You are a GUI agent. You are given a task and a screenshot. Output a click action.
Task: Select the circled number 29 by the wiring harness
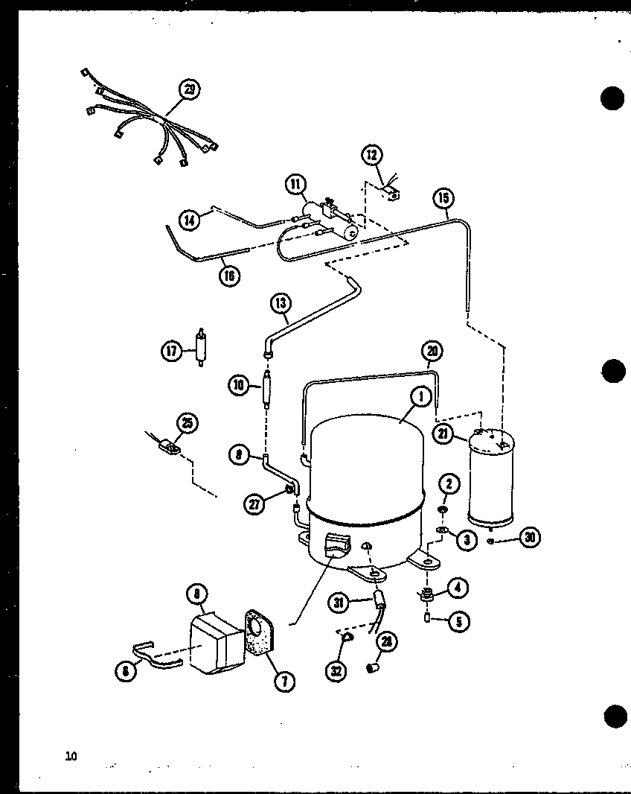click(x=189, y=90)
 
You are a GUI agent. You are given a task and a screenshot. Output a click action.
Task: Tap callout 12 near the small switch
click(x=372, y=155)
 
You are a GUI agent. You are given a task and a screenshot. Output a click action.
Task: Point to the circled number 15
click(x=443, y=199)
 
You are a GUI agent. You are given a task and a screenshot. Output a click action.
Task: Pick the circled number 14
click(x=190, y=220)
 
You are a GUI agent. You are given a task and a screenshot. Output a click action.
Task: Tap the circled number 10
click(x=239, y=385)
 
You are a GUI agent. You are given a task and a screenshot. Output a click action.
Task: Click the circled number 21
click(x=444, y=435)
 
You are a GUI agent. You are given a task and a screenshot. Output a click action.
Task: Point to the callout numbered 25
click(x=187, y=424)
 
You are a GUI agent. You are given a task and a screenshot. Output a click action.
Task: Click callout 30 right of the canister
click(x=530, y=538)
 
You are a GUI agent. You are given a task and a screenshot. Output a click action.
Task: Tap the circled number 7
click(x=283, y=680)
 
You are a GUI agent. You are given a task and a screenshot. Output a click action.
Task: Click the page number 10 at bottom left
click(x=71, y=757)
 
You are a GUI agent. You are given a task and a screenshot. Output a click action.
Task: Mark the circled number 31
click(x=340, y=604)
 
